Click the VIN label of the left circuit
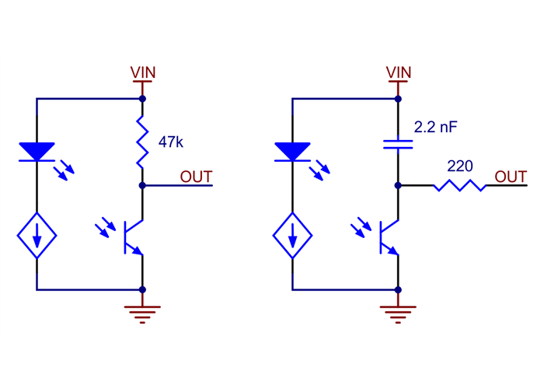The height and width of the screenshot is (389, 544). [143, 72]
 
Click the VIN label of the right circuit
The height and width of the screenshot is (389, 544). [399, 72]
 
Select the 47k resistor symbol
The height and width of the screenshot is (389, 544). [143, 142]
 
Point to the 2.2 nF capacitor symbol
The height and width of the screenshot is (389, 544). [398, 142]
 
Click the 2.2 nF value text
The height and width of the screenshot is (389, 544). [436, 127]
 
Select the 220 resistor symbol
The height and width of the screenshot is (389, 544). [460, 186]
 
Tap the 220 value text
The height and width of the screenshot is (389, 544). [460, 166]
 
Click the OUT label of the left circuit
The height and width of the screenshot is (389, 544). [196, 177]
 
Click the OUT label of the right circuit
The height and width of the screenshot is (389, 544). [511, 177]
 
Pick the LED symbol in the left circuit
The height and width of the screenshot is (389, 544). [37, 152]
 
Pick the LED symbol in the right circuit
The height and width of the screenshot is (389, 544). [292, 152]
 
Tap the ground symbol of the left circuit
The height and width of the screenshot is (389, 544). [143, 313]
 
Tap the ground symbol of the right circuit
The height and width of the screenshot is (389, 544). [398, 313]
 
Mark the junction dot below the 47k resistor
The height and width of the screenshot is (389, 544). [143, 186]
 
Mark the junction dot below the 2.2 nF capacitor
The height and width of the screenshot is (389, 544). [398, 186]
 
